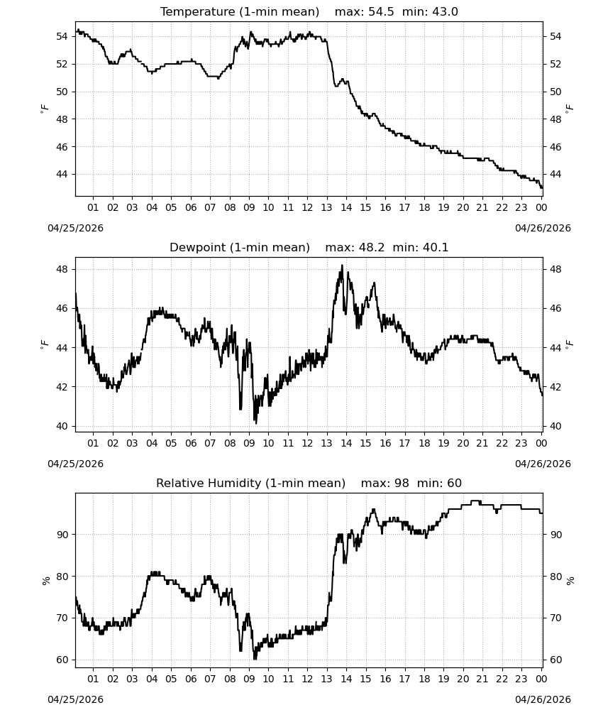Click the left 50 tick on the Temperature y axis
pyautogui.click(x=62, y=92)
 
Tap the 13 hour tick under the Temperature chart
pyautogui.click(x=326, y=207)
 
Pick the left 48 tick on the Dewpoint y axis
pyautogui.click(x=62, y=269)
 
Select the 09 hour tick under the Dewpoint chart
pyautogui.click(x=249, y=443)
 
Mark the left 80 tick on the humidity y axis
pyautogui.click(x=62, y=577)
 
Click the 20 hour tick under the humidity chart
pyautogui.click(x=463, y=679)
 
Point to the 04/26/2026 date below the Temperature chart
pyautogui.click(x=543, y=228)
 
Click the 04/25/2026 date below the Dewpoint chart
pyautogui.click(x=75, y=464)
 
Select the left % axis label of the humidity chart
pyautogui.click(x=45, y=581)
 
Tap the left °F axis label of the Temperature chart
pyautogui.click(x=44, y=109)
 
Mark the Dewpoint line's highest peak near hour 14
pyautogui.click(x=342, y=266)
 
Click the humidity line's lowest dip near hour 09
pyautogui.click(x=255, y=658)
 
